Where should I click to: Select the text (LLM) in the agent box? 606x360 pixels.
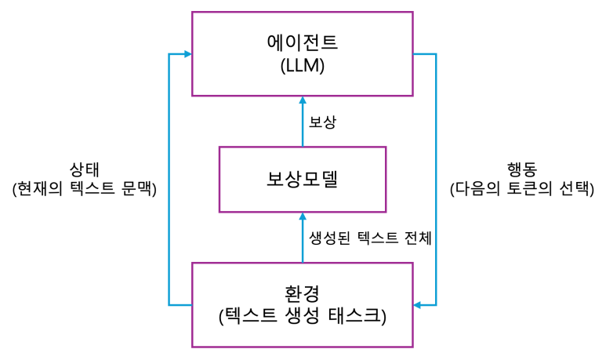coord(302,67)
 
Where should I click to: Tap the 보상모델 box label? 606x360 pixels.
coord(302,180)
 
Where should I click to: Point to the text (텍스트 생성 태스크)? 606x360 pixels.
coord(302,316)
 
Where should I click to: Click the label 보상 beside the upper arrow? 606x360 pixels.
coord(323,123)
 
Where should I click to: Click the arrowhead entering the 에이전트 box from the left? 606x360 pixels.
coord(187,54)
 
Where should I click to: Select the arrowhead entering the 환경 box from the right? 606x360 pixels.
coord(418,304)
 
